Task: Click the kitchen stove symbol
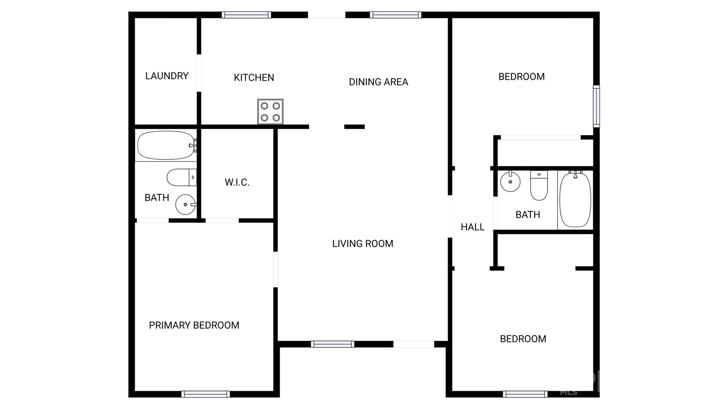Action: (270, 112)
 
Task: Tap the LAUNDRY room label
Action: (167, 76)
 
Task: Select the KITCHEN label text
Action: (254, 77)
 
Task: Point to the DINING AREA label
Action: (378, 82)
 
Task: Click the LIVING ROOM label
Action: (363, 244)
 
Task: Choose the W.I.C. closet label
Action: (237, 182)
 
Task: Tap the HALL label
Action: (472, 227)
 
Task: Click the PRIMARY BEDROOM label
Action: (194, 325)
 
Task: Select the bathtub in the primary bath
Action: (167, 145)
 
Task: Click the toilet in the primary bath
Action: (182, 177)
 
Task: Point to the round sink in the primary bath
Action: (186, 204)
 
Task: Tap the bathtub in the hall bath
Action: (575, 199)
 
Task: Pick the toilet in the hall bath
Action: (539, 185)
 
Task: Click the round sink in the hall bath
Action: (510, 181)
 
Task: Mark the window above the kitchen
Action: (246, 15)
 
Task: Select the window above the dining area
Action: (395, 15)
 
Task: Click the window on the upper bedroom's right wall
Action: (596, 106)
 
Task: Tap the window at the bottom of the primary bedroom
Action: (205, 394)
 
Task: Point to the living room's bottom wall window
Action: (332, 344)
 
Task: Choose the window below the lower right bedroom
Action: (525, 394)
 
